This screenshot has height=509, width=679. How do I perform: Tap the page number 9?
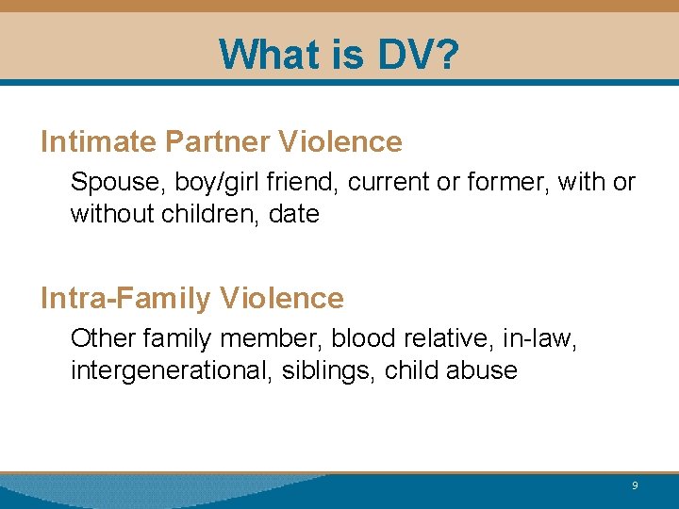coord(635,485)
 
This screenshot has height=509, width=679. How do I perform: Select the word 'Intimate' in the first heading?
coord(98,142)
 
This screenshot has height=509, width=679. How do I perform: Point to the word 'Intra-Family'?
coord(126,299)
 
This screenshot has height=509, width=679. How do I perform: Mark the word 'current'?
coord(389,183)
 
